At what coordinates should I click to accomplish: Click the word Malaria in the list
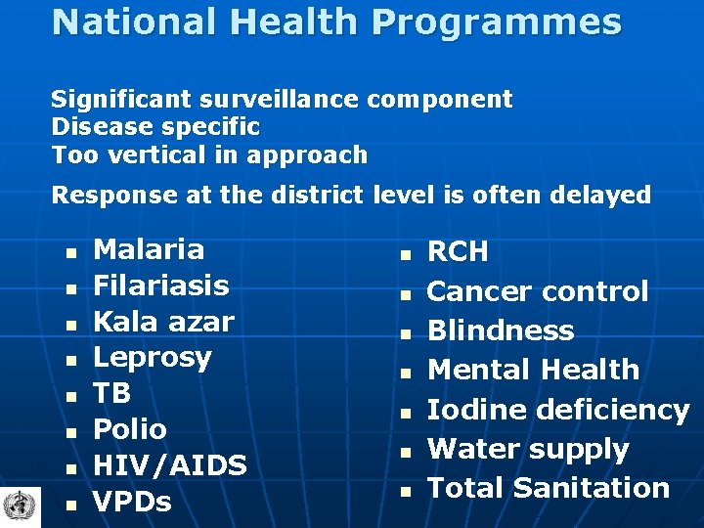pyautogui.click(x=149, y=249)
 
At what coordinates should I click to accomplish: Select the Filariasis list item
pyautogui.click(x=160, y=286)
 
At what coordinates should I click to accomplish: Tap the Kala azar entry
pyautogui.click(x=163, y=322)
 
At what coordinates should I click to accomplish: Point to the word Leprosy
pyautogui.click(x=152, y=358)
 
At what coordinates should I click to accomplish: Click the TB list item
pyautogui.click(x=111, y=393)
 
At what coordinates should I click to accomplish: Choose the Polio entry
pyautogui.click(x=130, y=429)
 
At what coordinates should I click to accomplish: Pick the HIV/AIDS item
pyautogui.click(x=169, y=465)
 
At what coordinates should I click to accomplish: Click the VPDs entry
pyautogui.click(x=132, y=502)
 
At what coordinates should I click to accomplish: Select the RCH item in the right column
pyautogui.click(x=458, y=252)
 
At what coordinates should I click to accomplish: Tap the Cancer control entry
pyautogui.click(x=538, y=291)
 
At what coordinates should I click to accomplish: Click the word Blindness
pyautogui.click(x=501, y=330)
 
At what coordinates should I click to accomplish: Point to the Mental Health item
pyautogui.click(x=533, y=370)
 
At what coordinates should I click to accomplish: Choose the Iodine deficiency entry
pyautogui.click(x=558, y=410)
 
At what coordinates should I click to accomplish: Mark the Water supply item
pyautogui.click(x=528, y=449)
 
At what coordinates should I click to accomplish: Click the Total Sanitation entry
pyautogui.click(x=548, y=488)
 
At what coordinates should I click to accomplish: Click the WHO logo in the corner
pyautogui.click(x=18, y=506)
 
